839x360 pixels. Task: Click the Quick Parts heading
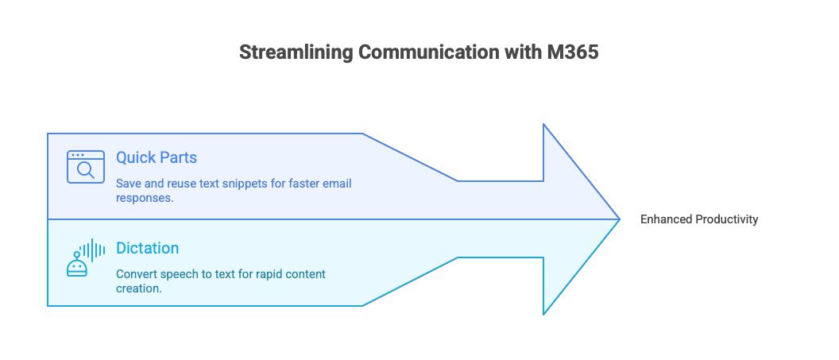(157, 157)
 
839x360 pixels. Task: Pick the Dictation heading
(147, 248)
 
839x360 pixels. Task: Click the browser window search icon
(86, 167)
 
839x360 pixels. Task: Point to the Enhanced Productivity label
(699, 219)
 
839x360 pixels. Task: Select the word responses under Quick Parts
(145, 198)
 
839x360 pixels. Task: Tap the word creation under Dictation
(138, 288)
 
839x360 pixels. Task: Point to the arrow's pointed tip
(619, 219)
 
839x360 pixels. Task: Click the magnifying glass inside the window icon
(86, 170)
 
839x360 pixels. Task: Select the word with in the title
(522, 52)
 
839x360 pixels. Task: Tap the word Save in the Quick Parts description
(127, 184)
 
